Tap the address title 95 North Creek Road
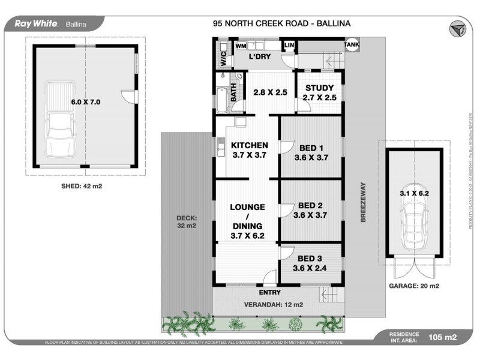(x=281, y=23)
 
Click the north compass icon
(x=458, y=28)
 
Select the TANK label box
(x=352, y=45)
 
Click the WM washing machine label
(x=241, y=46)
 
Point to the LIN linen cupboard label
(x=289, y=46)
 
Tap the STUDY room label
(x=319, y=88)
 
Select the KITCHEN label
(x=249, y=145)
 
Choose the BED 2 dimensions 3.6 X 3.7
(x=310, y=215)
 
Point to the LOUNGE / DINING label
(x=247, y=216)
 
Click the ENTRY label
(x=269, y=293)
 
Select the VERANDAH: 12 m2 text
(x=272, y=305)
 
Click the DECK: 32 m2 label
(x=187, y=222)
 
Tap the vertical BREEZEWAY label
(x=363, y=202)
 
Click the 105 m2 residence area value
(x=443, y=337)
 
